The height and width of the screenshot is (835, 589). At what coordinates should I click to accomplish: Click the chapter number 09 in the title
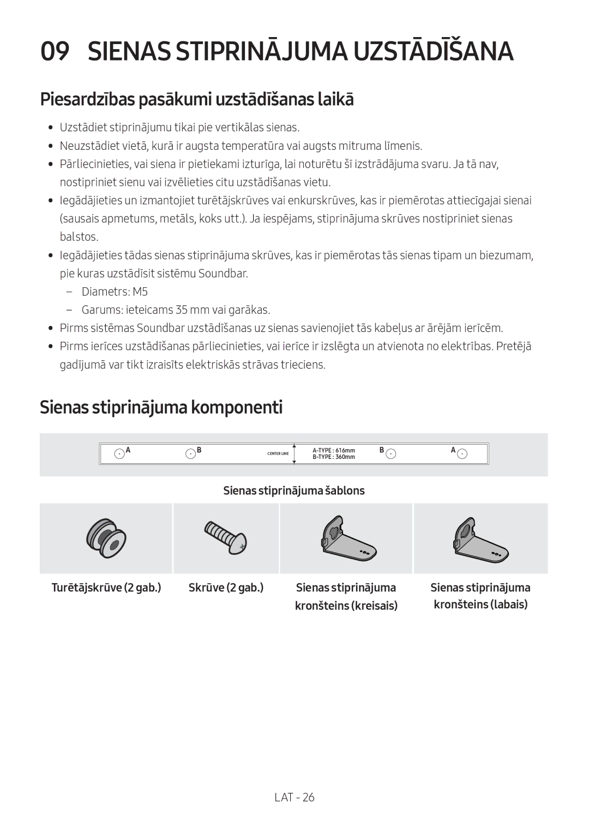pos(55,52)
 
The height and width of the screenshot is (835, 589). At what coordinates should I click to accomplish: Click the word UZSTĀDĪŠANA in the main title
pos(433,52)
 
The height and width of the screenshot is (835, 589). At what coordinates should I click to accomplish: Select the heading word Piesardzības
pos(87,99)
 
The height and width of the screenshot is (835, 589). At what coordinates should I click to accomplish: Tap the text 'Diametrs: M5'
pos(115,292)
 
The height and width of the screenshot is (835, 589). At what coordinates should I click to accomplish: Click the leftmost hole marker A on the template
pos(119,453)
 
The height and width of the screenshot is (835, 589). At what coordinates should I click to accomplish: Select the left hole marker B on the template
pos(190,453)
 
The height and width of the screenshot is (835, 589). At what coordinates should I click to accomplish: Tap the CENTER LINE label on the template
pos(278,453)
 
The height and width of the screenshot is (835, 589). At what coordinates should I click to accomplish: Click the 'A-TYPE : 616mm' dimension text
pos(334,451)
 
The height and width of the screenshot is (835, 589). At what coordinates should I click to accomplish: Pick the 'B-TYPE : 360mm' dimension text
pos(334,457)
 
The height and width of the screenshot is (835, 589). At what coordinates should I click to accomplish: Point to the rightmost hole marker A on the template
pos(462,453)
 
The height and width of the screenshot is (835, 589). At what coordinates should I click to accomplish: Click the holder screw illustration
pos(106,538)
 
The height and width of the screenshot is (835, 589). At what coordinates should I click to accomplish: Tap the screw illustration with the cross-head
pos(226,537)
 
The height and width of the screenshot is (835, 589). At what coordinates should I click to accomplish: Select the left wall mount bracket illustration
pos(346,538)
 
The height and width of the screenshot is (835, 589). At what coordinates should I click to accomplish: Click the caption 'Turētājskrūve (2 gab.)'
pos(106,588)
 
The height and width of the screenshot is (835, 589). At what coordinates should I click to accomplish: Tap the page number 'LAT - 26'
pos(294,797)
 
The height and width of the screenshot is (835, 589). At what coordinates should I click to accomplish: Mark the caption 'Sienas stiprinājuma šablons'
pos(294,491)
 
